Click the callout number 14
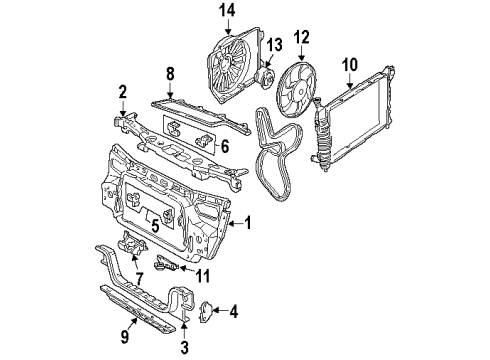[x=228, y=11]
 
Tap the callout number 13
[x=274, y=45]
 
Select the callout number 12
[x=302, y=37]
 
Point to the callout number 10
[x=350, y=65]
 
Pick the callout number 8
[x=170, y=74]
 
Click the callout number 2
[x=123, y=92]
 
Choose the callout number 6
[x=225, y=146]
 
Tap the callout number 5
[x=155, y=226]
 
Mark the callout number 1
[x=247, y=223]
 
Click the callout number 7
[x=139, y=279]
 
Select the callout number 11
[x=203, y=276]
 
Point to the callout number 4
[x=234, y=312]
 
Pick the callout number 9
[x=125, y=337]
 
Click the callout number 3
[x=184, y=347]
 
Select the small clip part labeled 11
[x=166, y=264]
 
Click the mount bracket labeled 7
[x=133, y=243]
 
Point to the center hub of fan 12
[x=300, y=90]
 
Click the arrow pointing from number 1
[x=236, y=224]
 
